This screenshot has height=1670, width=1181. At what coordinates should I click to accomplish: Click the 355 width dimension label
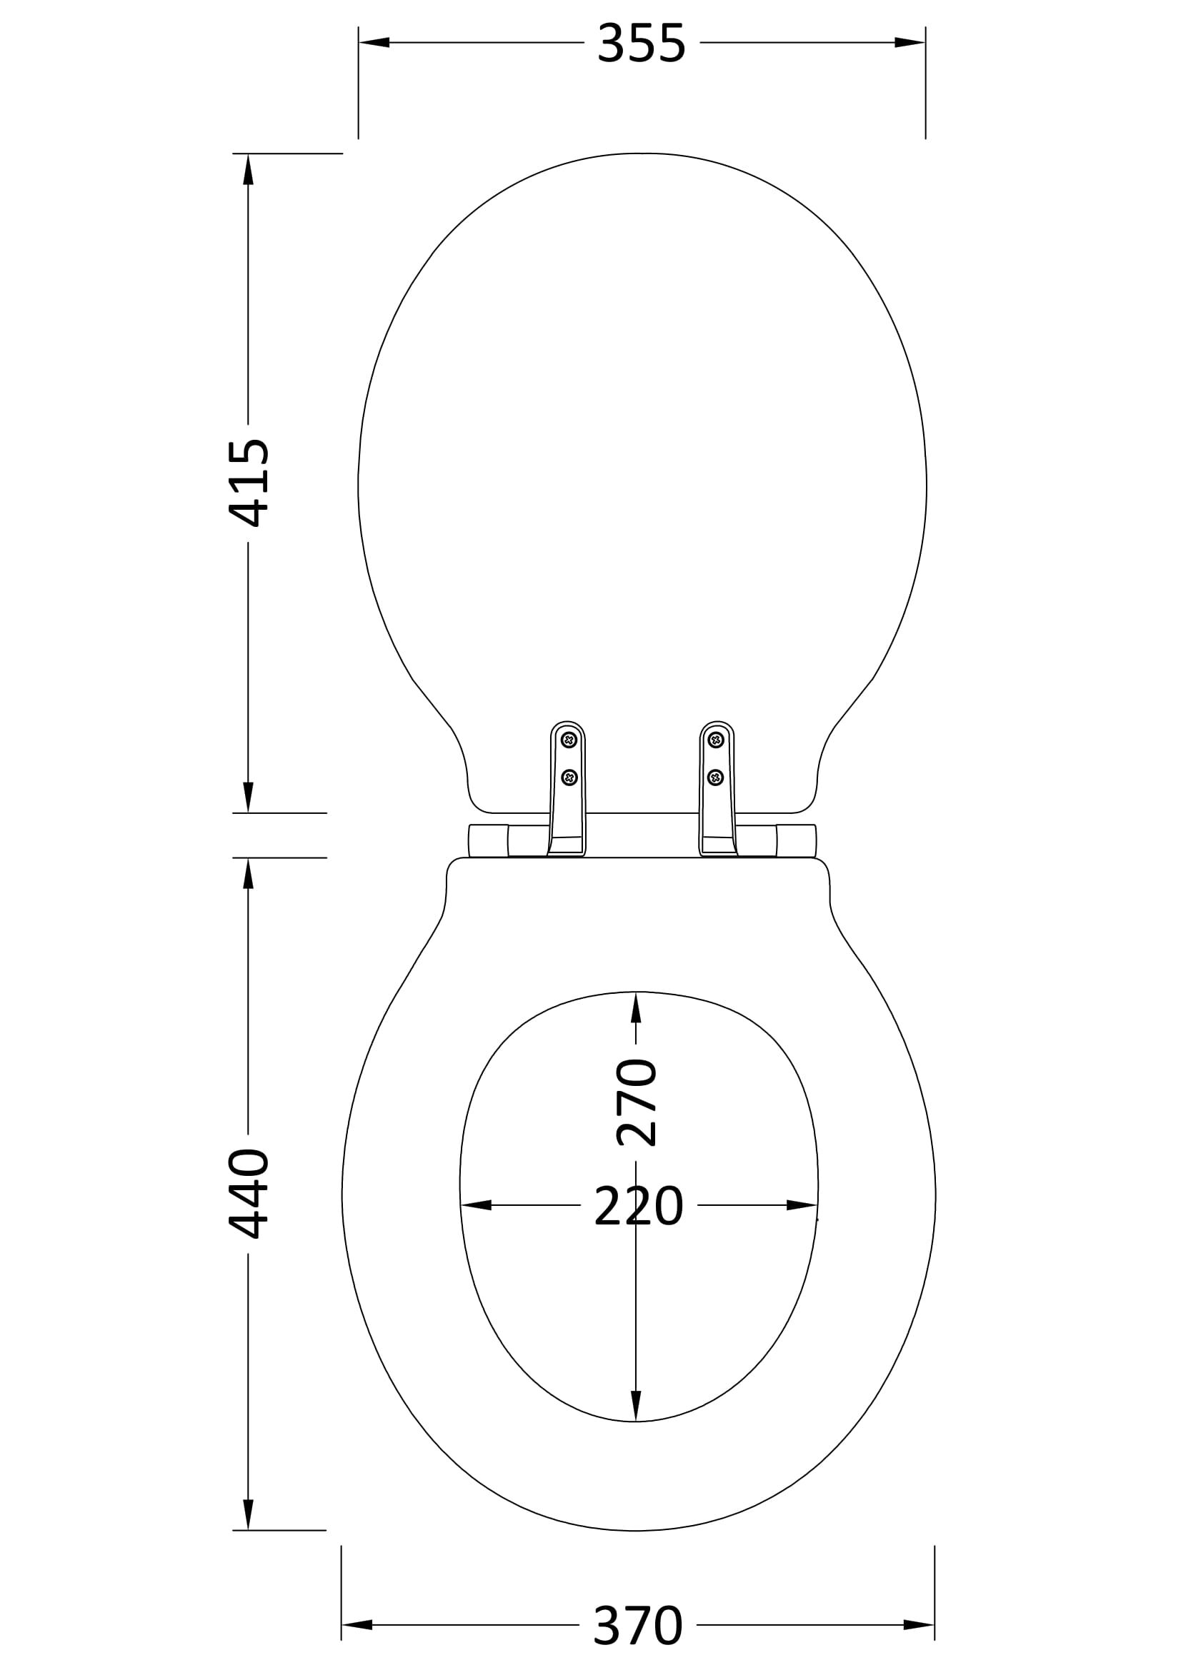tap(641, 44)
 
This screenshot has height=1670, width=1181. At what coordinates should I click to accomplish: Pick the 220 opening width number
tap(639, 1205)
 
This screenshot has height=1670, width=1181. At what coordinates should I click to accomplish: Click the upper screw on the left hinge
tap(569, 740)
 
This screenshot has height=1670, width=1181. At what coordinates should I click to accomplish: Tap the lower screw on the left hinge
tap(569, 778)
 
